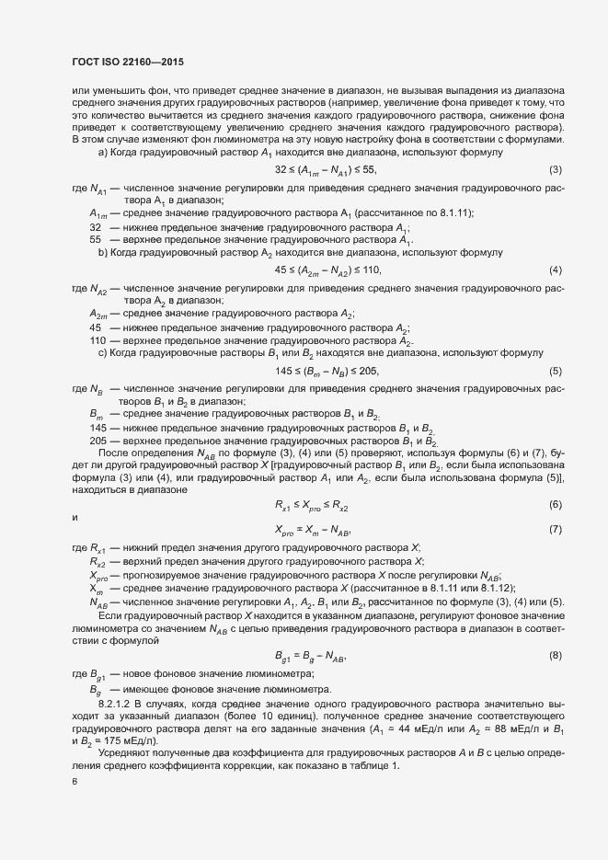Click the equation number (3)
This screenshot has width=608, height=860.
555,170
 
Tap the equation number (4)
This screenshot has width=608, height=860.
555,269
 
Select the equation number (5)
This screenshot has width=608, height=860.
555,371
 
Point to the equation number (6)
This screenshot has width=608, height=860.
555,505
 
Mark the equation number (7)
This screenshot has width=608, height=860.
555,530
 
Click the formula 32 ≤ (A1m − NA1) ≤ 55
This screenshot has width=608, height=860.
326,170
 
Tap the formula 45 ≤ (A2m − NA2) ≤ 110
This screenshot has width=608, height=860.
327,269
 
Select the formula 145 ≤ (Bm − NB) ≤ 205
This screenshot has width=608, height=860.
327,371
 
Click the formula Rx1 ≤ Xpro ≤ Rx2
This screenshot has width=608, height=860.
311,505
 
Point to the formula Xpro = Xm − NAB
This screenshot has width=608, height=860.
313,530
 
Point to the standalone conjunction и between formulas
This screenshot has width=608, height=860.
75,518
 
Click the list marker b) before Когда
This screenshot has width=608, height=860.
104,251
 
